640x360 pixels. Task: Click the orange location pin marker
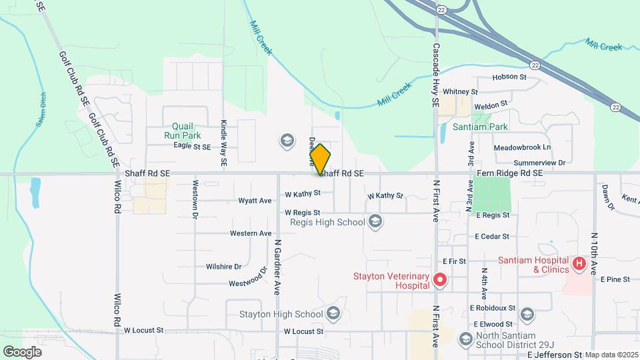(320, 159)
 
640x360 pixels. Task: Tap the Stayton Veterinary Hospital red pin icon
(439, 280)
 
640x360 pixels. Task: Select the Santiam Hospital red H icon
(579, 265)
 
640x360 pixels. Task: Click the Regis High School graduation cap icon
(375, 222)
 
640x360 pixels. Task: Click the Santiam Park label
(480, 127)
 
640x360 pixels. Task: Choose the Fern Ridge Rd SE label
(510, 173)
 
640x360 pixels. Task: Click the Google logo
(22, 351)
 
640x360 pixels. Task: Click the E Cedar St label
(492, 237)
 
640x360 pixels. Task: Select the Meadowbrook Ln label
(523, 147)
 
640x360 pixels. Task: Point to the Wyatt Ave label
(256, 200)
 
